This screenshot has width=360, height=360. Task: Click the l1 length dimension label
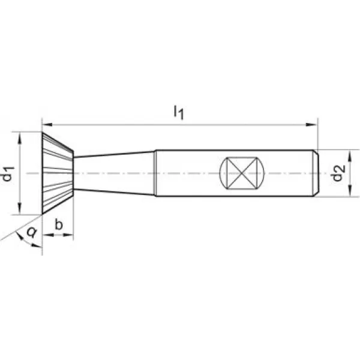pyautogui.click(x=179, y=112)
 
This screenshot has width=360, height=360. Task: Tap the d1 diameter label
pyautogui.click(x=8, y=174)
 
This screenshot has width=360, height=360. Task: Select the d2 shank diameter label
pyautogui.click(x=338, y=173)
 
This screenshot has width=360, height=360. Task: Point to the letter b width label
pyautogui.click(x=59, y=224)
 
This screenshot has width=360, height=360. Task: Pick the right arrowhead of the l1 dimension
pyautogui.click(x=311, y=125)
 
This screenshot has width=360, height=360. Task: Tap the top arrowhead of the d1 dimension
pyautogui.click(x=19, y=138)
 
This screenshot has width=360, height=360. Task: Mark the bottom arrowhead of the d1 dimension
pyautogui.click(x=19, y=209)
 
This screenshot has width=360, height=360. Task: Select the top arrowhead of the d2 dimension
pyautogui.click(x=350, y=155)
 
